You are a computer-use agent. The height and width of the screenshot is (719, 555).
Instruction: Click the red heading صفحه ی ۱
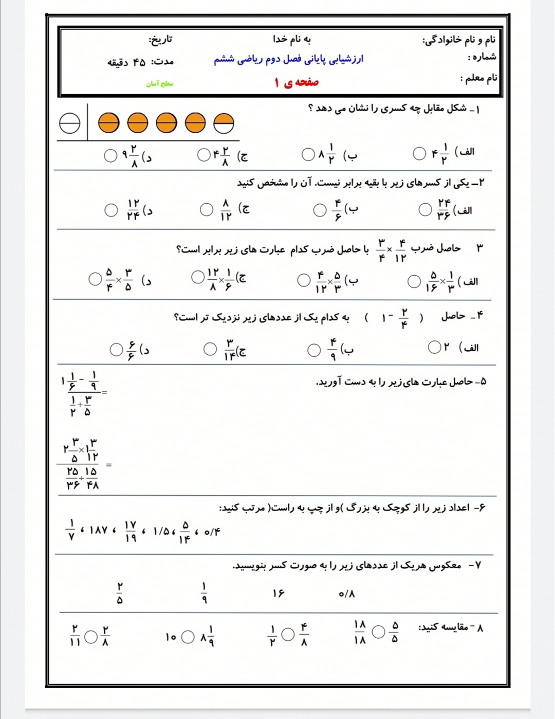click(x=297, y=82)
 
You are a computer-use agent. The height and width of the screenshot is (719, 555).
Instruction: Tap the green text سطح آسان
click(x=160, y=83)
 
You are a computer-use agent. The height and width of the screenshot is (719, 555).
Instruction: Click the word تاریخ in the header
click(x=160, y=40)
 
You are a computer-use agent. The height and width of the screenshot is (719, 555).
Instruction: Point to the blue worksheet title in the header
click(x=288, y=59)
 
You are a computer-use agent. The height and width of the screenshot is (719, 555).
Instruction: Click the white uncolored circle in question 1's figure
click(x=70, y=123)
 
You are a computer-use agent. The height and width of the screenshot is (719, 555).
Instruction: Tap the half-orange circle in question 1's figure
click(x=224, y=123)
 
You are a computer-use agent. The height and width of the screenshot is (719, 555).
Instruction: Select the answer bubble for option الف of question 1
click(x=419, y=153)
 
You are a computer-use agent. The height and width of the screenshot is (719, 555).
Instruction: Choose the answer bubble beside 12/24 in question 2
click(x=111, y=210)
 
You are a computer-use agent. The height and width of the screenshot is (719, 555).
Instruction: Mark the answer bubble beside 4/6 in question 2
click(x=320, y=210)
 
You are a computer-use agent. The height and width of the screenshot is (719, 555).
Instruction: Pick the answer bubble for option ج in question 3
click(x=198, y=277)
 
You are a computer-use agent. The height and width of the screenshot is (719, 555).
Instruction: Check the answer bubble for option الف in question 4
click(x=434, y=347)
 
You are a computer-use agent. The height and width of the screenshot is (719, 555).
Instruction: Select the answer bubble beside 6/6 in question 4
click(x=116, y=350)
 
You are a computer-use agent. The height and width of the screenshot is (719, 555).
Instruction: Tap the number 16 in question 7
click(x=278, y=594)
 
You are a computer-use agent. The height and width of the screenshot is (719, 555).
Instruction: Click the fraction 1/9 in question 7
click(x=204, y=593)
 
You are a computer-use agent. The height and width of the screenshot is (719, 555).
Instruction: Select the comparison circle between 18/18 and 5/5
click(x=378, y=632)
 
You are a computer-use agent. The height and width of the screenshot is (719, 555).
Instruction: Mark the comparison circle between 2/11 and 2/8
click(x=91, y=637)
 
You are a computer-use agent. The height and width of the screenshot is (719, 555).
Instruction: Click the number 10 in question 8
click(x=171, y=637)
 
